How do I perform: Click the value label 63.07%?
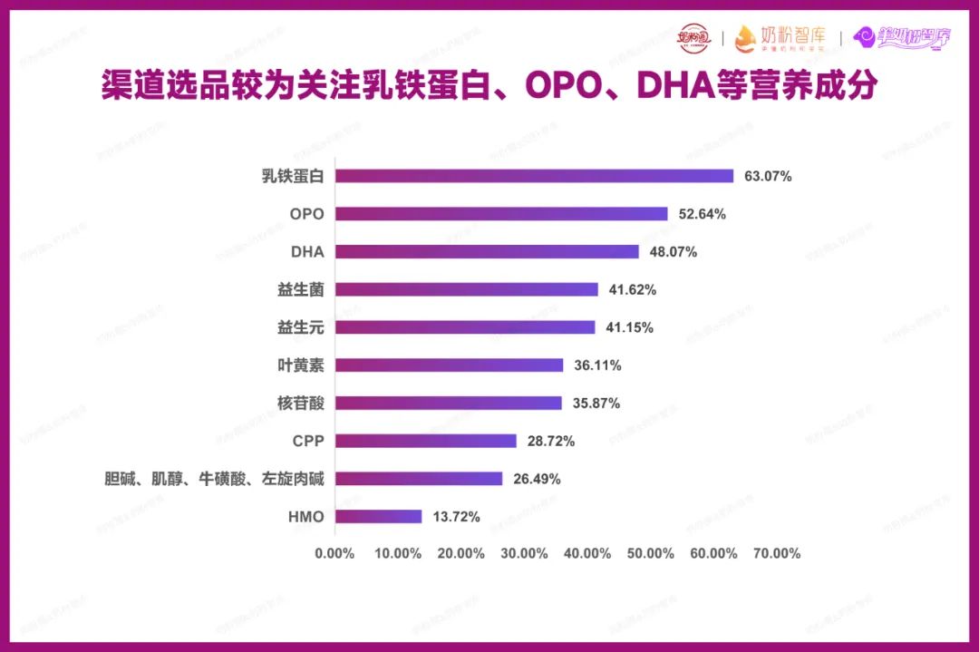[768, 177]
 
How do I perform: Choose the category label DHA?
[307, 252]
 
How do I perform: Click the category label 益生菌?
[301, 289]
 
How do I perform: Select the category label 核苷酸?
[301, 403]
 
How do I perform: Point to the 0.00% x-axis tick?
[334, 553]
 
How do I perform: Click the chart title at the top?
[489, 87]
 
